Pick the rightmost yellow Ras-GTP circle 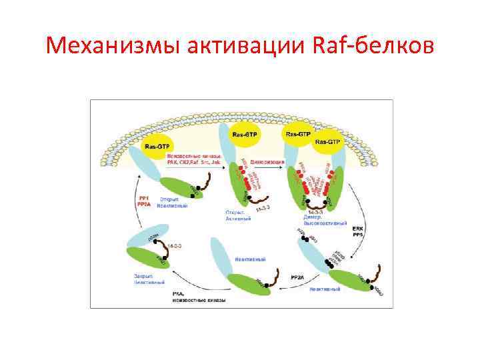(x=328, y=142)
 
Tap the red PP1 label (x=143, y=198)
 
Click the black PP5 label (x=357, y=235)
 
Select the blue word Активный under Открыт (x=239, y=219)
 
